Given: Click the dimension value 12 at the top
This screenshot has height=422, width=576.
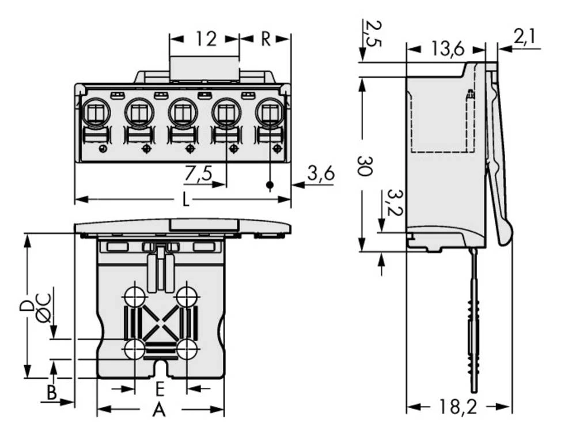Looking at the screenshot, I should click(205, 39).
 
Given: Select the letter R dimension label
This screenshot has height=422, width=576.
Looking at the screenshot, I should click(266, 39).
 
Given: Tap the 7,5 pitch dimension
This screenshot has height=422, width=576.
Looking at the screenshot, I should click(198, 173).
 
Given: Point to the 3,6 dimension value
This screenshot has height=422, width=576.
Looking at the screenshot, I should click(321, 173).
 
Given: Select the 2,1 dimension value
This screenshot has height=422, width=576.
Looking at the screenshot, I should click(524, 38).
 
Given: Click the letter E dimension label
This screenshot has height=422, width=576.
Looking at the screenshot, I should click(160, 390).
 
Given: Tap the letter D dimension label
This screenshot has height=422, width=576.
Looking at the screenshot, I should click(26, 305).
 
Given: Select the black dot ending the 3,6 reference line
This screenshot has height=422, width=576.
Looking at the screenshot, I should click(269, 185).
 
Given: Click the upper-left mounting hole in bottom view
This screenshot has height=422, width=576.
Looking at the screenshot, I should click(135, 297).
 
